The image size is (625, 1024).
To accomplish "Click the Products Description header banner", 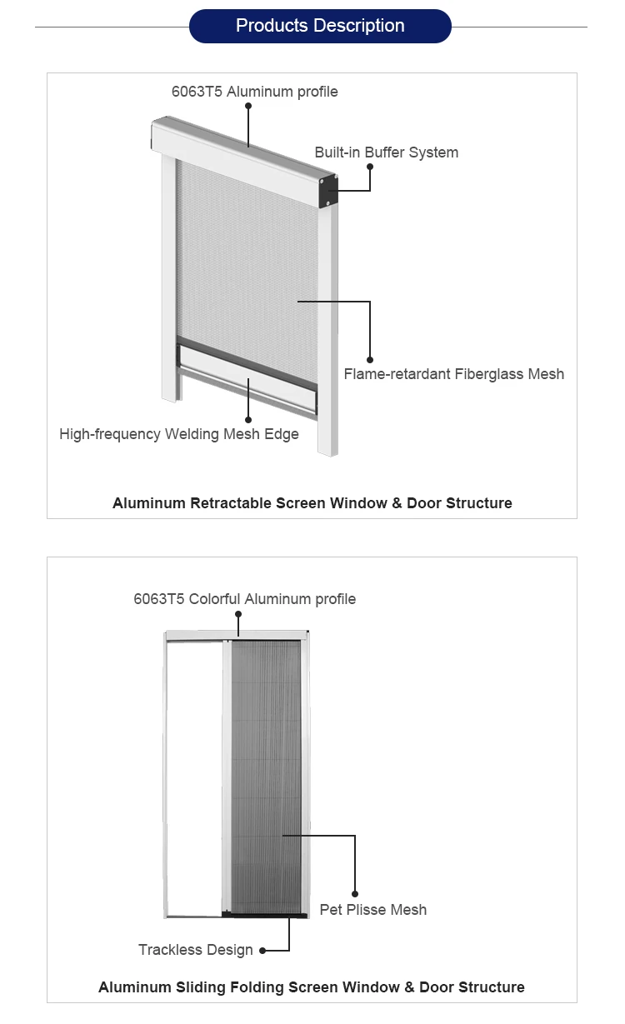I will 320,26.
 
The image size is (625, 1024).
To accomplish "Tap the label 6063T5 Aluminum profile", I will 255,92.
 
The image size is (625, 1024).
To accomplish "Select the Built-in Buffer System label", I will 386,152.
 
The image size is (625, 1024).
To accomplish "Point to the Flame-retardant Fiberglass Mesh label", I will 453,374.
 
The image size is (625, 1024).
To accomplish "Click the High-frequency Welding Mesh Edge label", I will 179,434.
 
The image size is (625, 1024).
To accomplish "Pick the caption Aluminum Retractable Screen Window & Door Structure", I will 312,503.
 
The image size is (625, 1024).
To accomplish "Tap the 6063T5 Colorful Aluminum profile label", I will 244,599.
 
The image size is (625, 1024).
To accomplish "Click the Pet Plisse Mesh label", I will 372,910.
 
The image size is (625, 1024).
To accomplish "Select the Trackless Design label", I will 196,950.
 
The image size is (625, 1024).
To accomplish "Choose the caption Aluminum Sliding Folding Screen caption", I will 312,987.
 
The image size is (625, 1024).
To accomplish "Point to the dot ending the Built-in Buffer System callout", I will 370,167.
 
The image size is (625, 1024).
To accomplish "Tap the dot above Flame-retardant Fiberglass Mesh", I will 370,359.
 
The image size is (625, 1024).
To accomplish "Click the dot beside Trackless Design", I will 262,951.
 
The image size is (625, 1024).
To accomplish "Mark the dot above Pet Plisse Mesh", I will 355,894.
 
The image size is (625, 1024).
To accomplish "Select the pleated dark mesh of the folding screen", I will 265,775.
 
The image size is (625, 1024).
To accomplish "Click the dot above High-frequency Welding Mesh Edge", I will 248,419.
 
